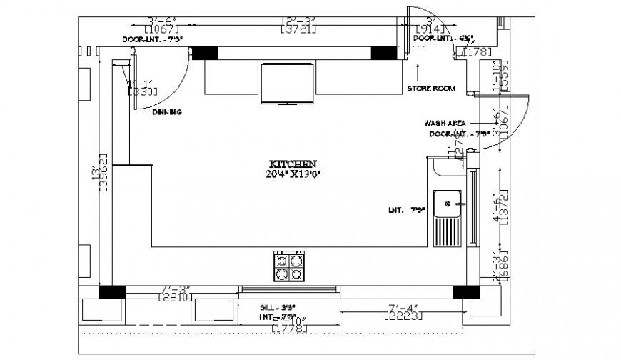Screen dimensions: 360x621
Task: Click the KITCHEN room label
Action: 293,164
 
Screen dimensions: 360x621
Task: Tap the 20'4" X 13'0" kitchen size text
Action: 293,174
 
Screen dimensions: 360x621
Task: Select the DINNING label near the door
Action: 166,112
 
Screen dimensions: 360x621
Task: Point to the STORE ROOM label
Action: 431,89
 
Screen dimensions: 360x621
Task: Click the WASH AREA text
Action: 445,123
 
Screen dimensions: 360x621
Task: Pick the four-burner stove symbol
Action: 290,268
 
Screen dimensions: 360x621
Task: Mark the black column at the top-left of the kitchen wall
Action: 204,53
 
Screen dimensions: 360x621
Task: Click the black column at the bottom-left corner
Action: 111,291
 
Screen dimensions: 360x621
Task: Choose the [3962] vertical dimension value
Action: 102,173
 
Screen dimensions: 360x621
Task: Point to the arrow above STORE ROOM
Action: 418,70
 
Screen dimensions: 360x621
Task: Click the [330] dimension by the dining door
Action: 142,91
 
